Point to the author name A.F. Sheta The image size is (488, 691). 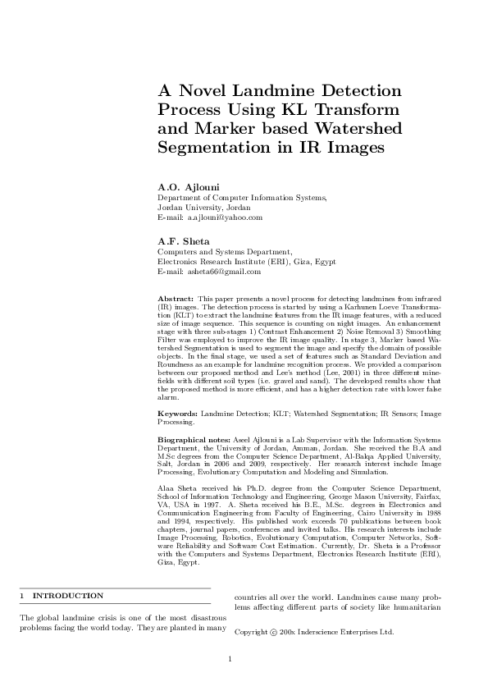[x=183, y=240]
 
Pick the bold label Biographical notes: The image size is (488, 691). [x=194, y=441]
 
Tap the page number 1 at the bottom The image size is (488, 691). [x=230, y=657]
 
